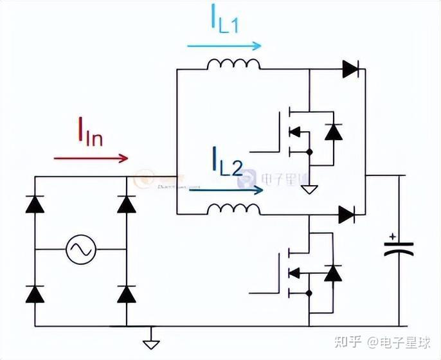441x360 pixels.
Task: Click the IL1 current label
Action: click(x=224, y=19)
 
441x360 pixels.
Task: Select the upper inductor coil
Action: click(x=233, y=65)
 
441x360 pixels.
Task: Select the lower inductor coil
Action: click(x=233, y=210)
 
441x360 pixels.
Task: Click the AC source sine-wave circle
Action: click(x=81, y=248)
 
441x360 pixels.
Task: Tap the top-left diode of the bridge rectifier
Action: click(x=35, y=203)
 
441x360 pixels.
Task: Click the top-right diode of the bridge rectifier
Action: click(x=127, y=203)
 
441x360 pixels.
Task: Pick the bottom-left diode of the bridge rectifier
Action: click(x=35, y=293)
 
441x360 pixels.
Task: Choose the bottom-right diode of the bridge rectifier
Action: click(x=127, y=293)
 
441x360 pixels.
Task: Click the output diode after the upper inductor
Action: click(x=351, y=69)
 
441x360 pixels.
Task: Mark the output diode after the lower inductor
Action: click(x=347, y=215)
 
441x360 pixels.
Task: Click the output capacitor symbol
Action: click(x=398, y=248)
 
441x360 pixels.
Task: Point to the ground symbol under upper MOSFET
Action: click(x=310, y=188)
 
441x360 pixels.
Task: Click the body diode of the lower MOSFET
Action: click(x=332, y=273)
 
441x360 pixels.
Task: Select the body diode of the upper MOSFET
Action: click(x=332, y=132)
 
